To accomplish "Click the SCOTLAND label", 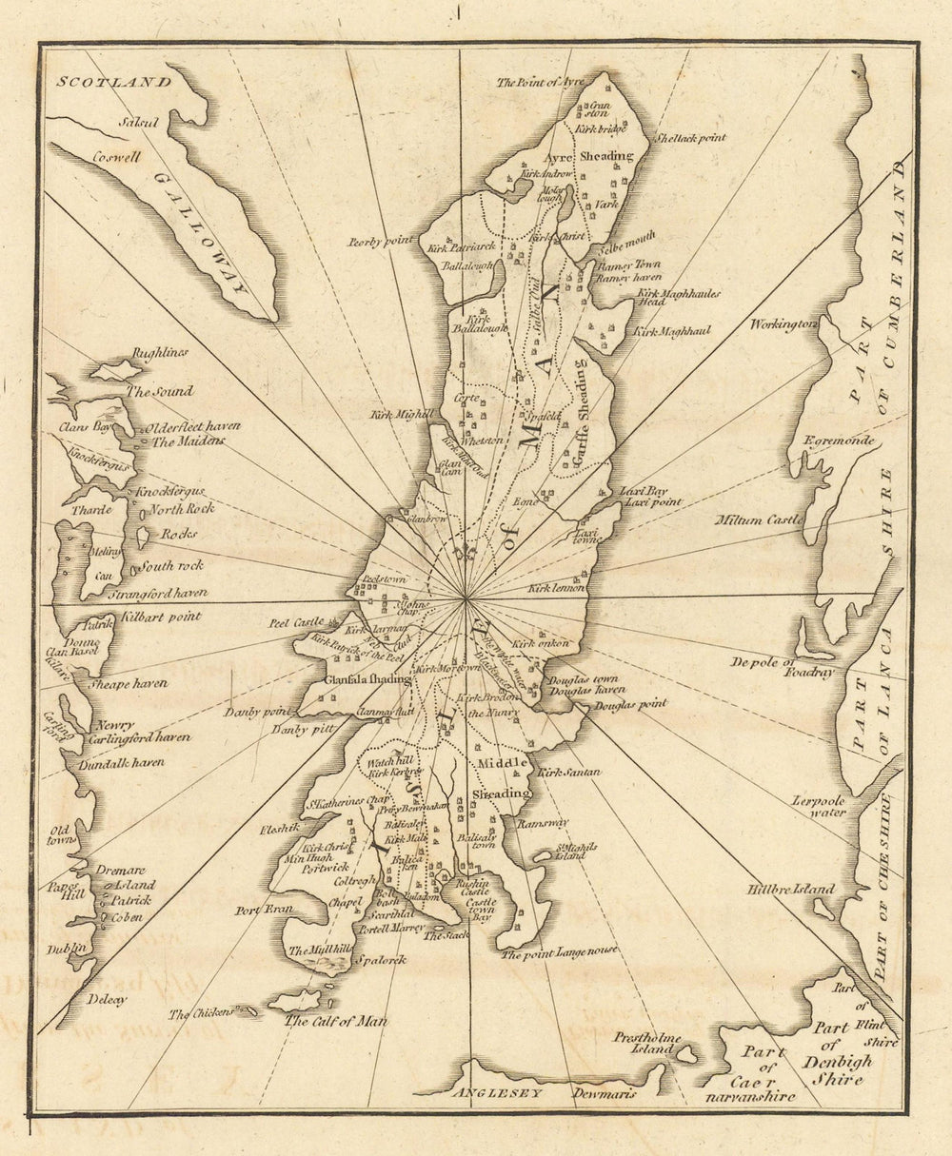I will pyautogui.click(x=113, y=82).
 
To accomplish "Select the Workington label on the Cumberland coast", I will pyautogui.click(x=783, y=323).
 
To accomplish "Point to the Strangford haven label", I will pyautogui.click(x=158, y=593).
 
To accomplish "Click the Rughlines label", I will pyautogui.click(x=159, y=352).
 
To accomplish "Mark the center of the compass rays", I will pyautogui.click(x=466, y=599).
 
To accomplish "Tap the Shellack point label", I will pyautogui.click(x=687, y=137).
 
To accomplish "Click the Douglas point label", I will pyautogui.click(x=630, y=704).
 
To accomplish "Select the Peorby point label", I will pyautogui.click(x=381, y=242).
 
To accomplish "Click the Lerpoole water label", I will pyautogui.click(x=819, y=806).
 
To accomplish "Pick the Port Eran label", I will pyautogui.click(x=264, y=910).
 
